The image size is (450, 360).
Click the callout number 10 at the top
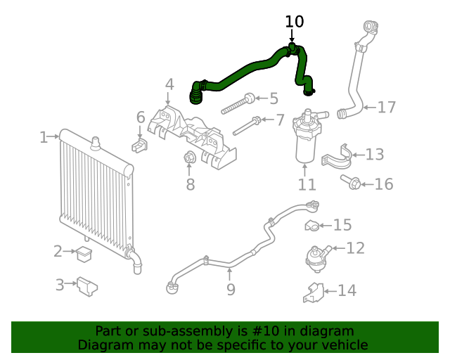click(x=294, y=22)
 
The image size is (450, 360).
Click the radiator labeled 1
click(x=95, y=190)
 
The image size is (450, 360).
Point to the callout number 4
click(x=169, y=85)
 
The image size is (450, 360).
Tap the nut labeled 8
click(x=188, y=158)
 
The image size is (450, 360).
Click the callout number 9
click(x=231, y=289)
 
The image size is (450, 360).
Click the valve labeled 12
click(x=317, y=255)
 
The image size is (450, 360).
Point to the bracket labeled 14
click(x=314, y=292)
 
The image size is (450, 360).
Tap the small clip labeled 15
click(x=312, y=226)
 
